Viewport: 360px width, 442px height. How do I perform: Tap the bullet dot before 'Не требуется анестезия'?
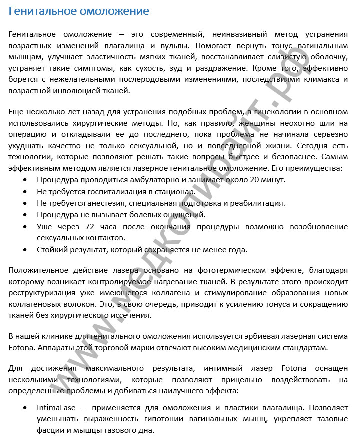click(25, 203)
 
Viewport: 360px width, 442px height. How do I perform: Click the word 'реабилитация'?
click(261, 203)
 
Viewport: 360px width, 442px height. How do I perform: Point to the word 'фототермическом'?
click(246, 271)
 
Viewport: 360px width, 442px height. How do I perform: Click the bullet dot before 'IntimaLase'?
click(25, 408)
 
